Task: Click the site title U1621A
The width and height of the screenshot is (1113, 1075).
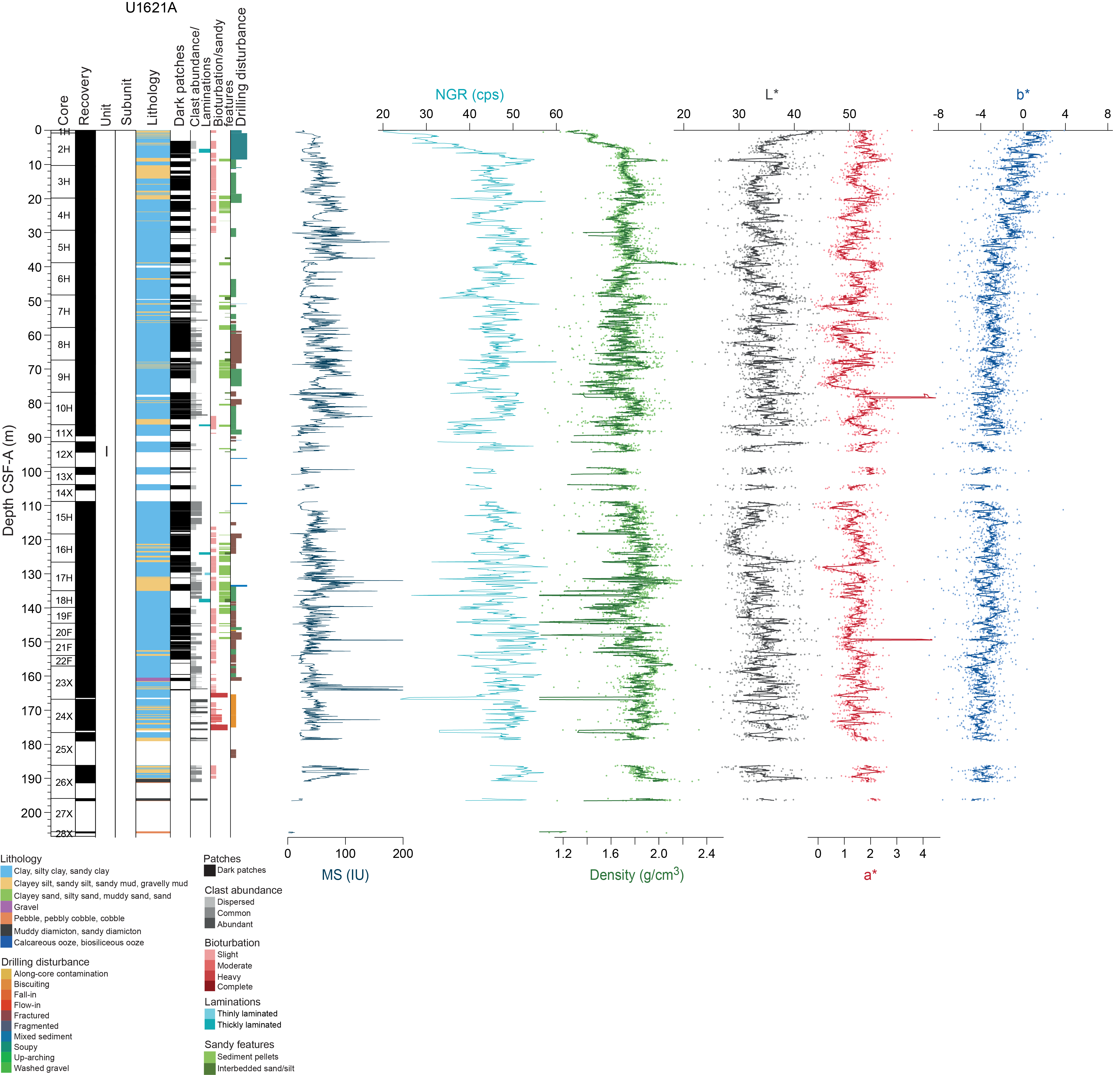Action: (x=151, y=8)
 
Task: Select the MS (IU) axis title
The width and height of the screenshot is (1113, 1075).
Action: (x=345, y=875)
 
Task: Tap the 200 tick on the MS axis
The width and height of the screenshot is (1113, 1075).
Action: (x=403, y=853)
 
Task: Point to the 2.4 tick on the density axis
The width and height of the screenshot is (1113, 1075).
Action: (x=707, y=853)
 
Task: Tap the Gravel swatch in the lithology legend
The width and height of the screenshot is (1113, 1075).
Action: (x=6, y=907)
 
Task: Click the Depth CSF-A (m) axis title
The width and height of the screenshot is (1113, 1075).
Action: (x=8, y=480)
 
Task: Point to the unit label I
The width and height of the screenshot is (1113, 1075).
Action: (x=106, y=452)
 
